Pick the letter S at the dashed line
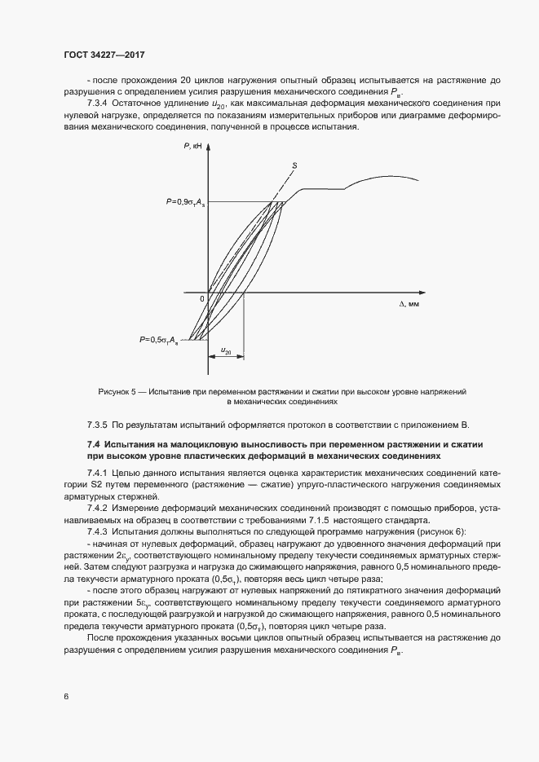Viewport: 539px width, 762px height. [294, 165]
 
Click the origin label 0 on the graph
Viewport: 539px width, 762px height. [202, 299]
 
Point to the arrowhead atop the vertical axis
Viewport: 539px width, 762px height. [210, 148]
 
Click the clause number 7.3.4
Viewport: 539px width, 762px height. [99, 104]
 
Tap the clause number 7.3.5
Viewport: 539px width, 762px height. [98, 425]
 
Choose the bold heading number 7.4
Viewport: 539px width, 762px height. [93, 444]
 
